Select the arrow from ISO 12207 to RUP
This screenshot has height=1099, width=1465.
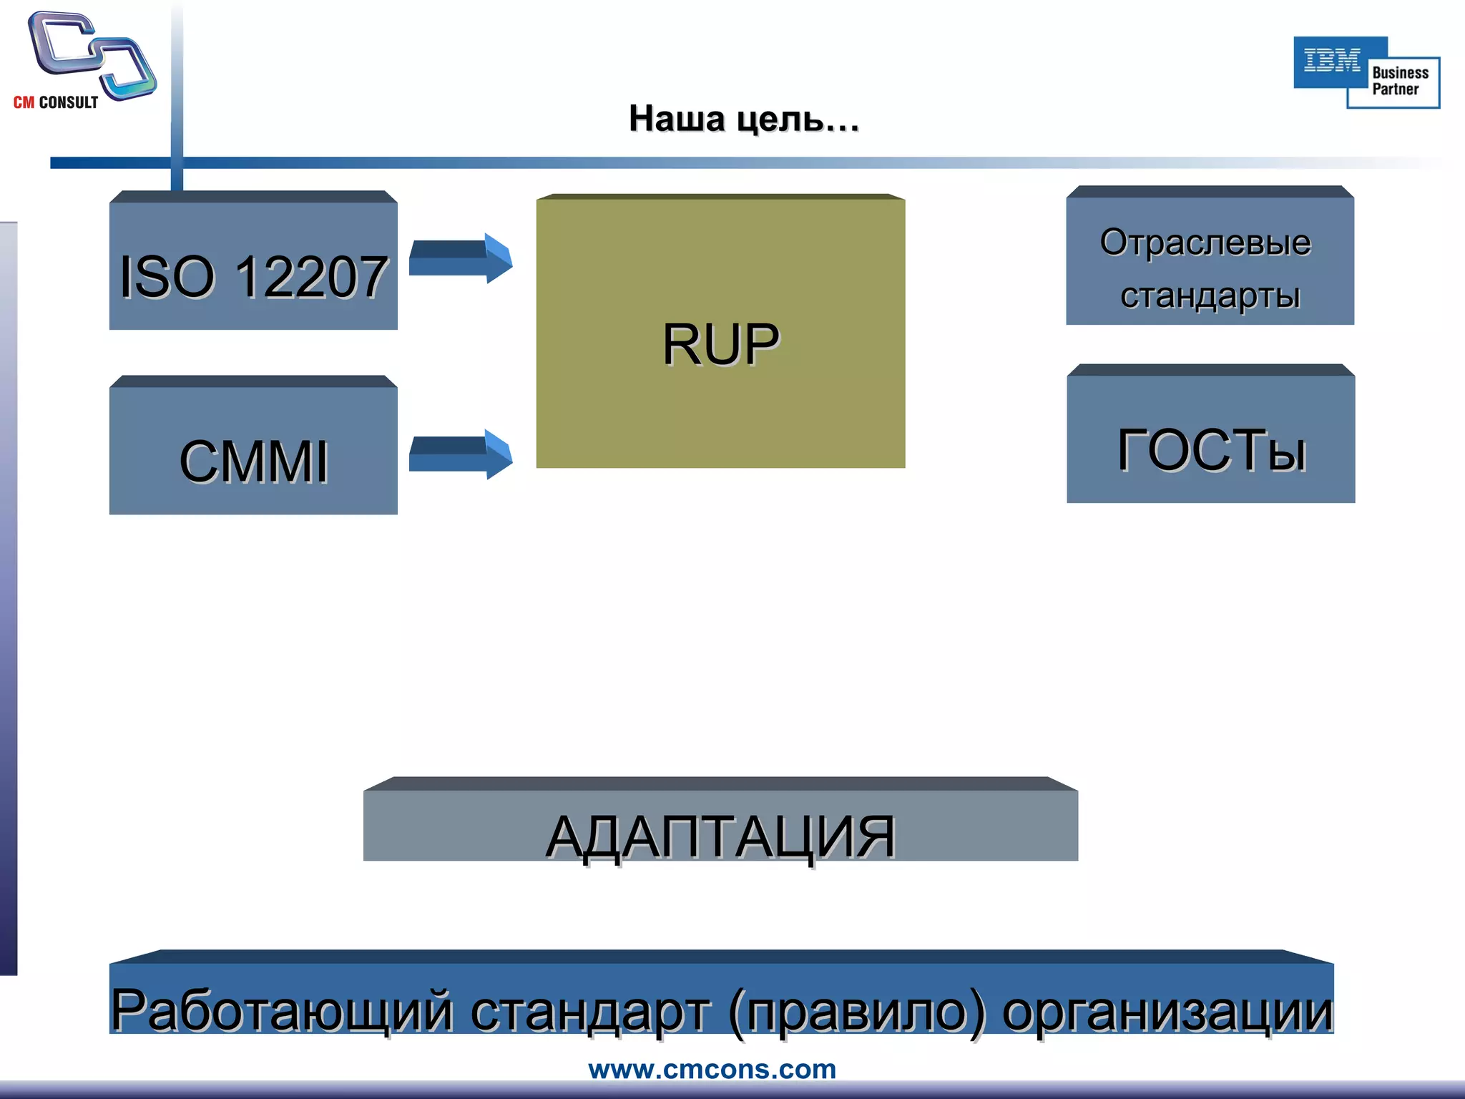pos(461,258)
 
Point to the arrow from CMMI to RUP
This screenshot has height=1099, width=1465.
pos(461,454)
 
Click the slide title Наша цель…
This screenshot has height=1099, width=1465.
pos(744,119)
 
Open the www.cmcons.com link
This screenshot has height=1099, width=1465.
pos(712,1069)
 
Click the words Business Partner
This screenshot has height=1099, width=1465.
pos(1399,81)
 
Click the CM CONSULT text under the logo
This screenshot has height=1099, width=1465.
pos(56,102)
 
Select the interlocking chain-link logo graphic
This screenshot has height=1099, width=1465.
pos(92,55)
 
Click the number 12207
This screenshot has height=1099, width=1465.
pos(311,277)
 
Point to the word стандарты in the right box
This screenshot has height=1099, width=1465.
pos(1210,295)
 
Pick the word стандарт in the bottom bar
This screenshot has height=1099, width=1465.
pos(591,1010)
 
